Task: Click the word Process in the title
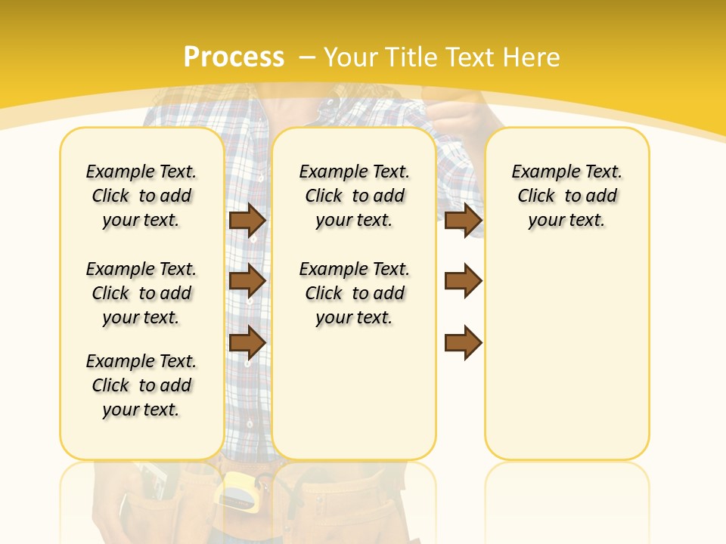[x=234, y=57]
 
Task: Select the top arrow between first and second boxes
[x=247, y=220]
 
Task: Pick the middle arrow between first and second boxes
[x=247, y=281]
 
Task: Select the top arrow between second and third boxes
[x=463, y=220]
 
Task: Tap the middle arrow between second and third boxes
[x=463, y=281]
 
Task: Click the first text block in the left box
[x=141, y=196]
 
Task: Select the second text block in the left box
[x=141, y=293]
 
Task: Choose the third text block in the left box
[x=141, y=385]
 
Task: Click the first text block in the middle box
[x=355, y=196]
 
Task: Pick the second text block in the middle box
[x=355, y=293]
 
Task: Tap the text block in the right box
[x=567, y=196]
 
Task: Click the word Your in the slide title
[x=352, y=57]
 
